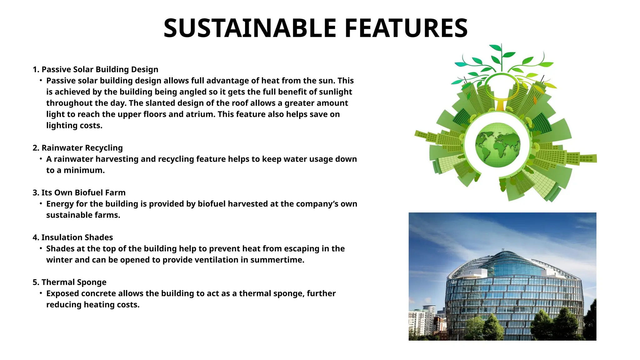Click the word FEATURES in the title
[x=406, y=28]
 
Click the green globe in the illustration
[x=497, y=145]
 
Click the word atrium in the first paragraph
[x=200, y=114]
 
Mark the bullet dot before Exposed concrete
[x=41, y=293]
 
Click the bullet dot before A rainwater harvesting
[x=41, y=159]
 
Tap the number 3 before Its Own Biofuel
[x=35, y=192]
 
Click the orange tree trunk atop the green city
[x=500, y=105]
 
